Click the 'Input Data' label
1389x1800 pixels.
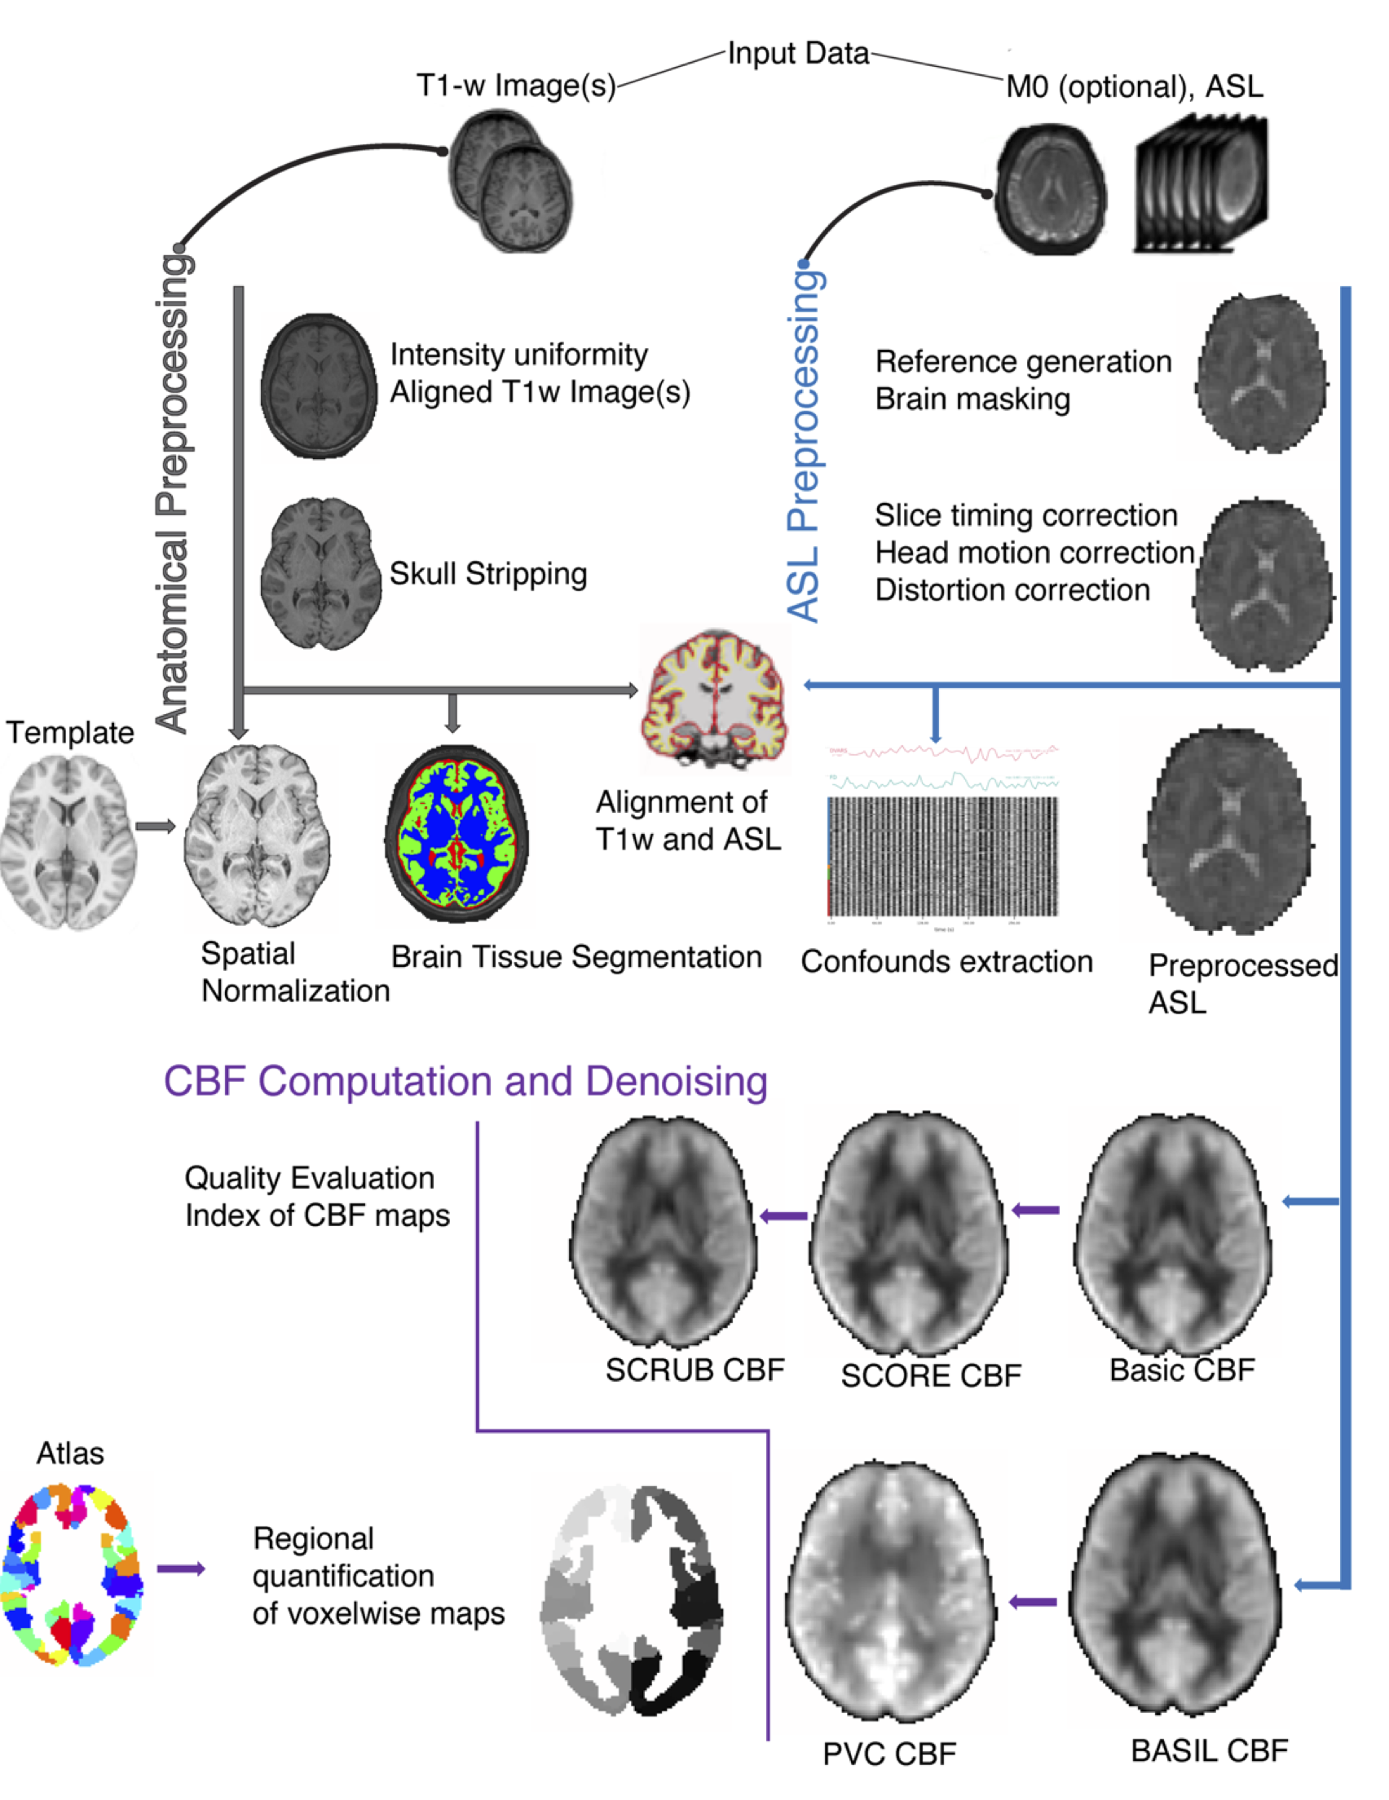click(x=797, y=55)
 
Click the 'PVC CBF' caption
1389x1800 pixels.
click(x=889, y=1754)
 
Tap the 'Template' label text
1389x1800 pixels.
click(x=70, y=733)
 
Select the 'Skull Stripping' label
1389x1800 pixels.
click(x=488, y=574)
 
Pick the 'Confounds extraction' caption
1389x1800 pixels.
click(x=946, y=962)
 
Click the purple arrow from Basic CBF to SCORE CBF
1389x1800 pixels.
click(x=1035, y=1211)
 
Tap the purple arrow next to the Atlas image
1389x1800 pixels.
click(x=180, y=1569)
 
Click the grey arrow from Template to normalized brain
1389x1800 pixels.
click(x=156, y=826)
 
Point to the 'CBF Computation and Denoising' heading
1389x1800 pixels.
click(x=465, y=1081)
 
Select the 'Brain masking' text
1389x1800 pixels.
click(x=972, y=399)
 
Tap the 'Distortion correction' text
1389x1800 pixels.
click(x=1012, y=590)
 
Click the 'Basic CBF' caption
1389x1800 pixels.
click(x=1181, y=1370)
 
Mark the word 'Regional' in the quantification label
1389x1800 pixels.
click(x=313, y=1539)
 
